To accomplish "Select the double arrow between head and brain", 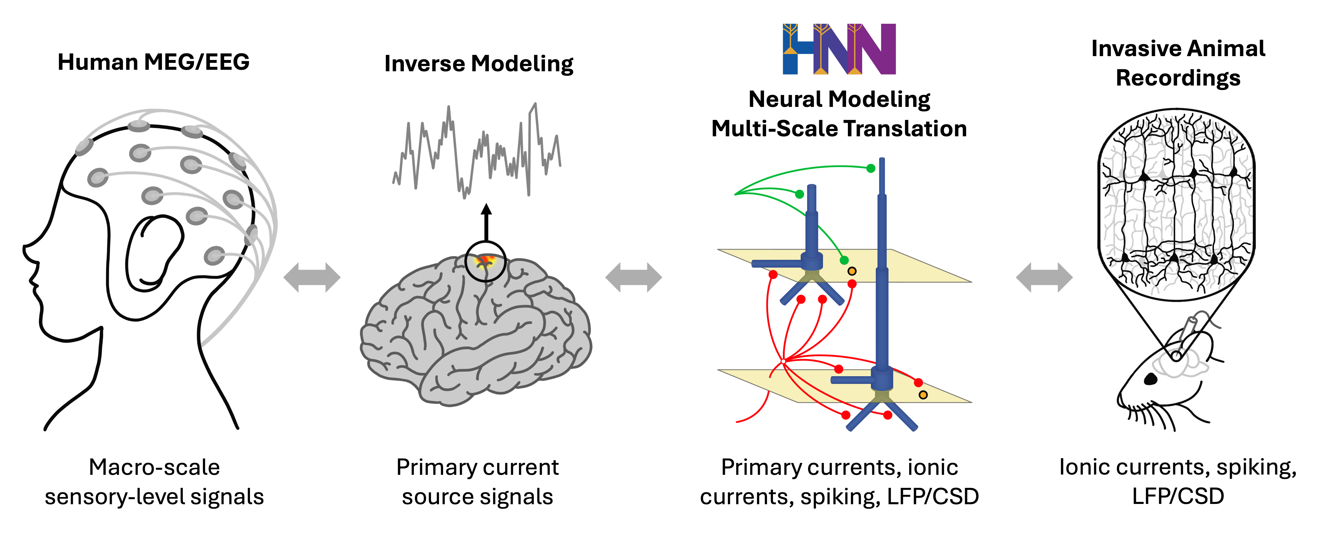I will point(312,277).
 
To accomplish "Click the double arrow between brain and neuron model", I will point(634,277).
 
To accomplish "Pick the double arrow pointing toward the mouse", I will point(1044,277).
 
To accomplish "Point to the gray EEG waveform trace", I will point(477,151).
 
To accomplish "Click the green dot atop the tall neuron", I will point(871,168).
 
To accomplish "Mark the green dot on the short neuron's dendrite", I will point(799,194).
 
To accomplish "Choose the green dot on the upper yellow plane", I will point(844,260).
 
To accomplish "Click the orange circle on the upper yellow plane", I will point(852,271).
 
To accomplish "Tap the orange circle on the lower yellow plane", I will point(923,395).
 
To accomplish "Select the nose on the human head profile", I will point(27,251).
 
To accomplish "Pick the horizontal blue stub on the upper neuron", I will point(774,263).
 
